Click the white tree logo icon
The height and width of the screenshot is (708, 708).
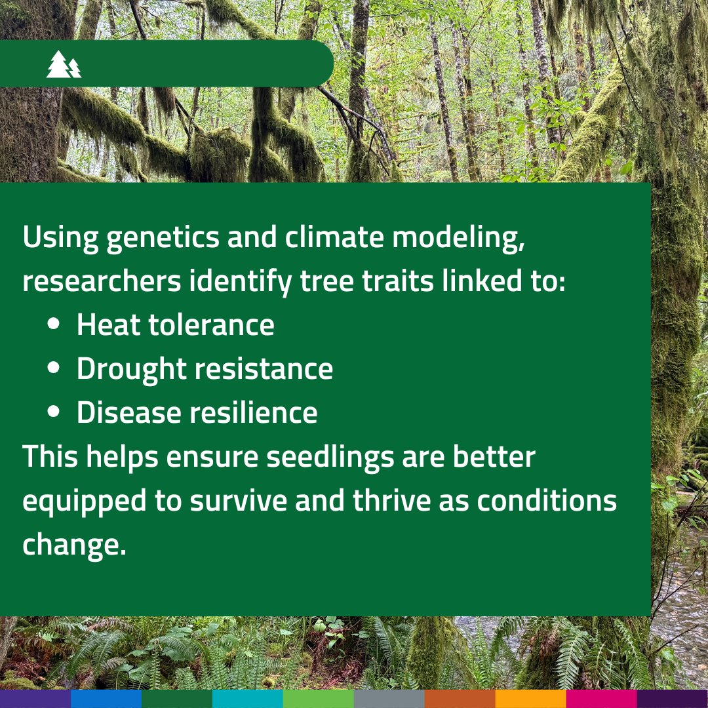(x=64, y=64)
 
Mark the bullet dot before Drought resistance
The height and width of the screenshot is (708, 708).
(x=54, y=369)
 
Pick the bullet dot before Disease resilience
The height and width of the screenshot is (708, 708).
(x=54, y=413)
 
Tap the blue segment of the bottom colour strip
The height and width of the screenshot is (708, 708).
(x=106, y=698)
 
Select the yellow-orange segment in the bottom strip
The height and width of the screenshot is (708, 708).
(x=530, y=698)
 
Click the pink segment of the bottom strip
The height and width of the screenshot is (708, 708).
(x=601, y=698)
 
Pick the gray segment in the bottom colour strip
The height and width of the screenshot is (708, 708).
(x=389, y=698)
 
